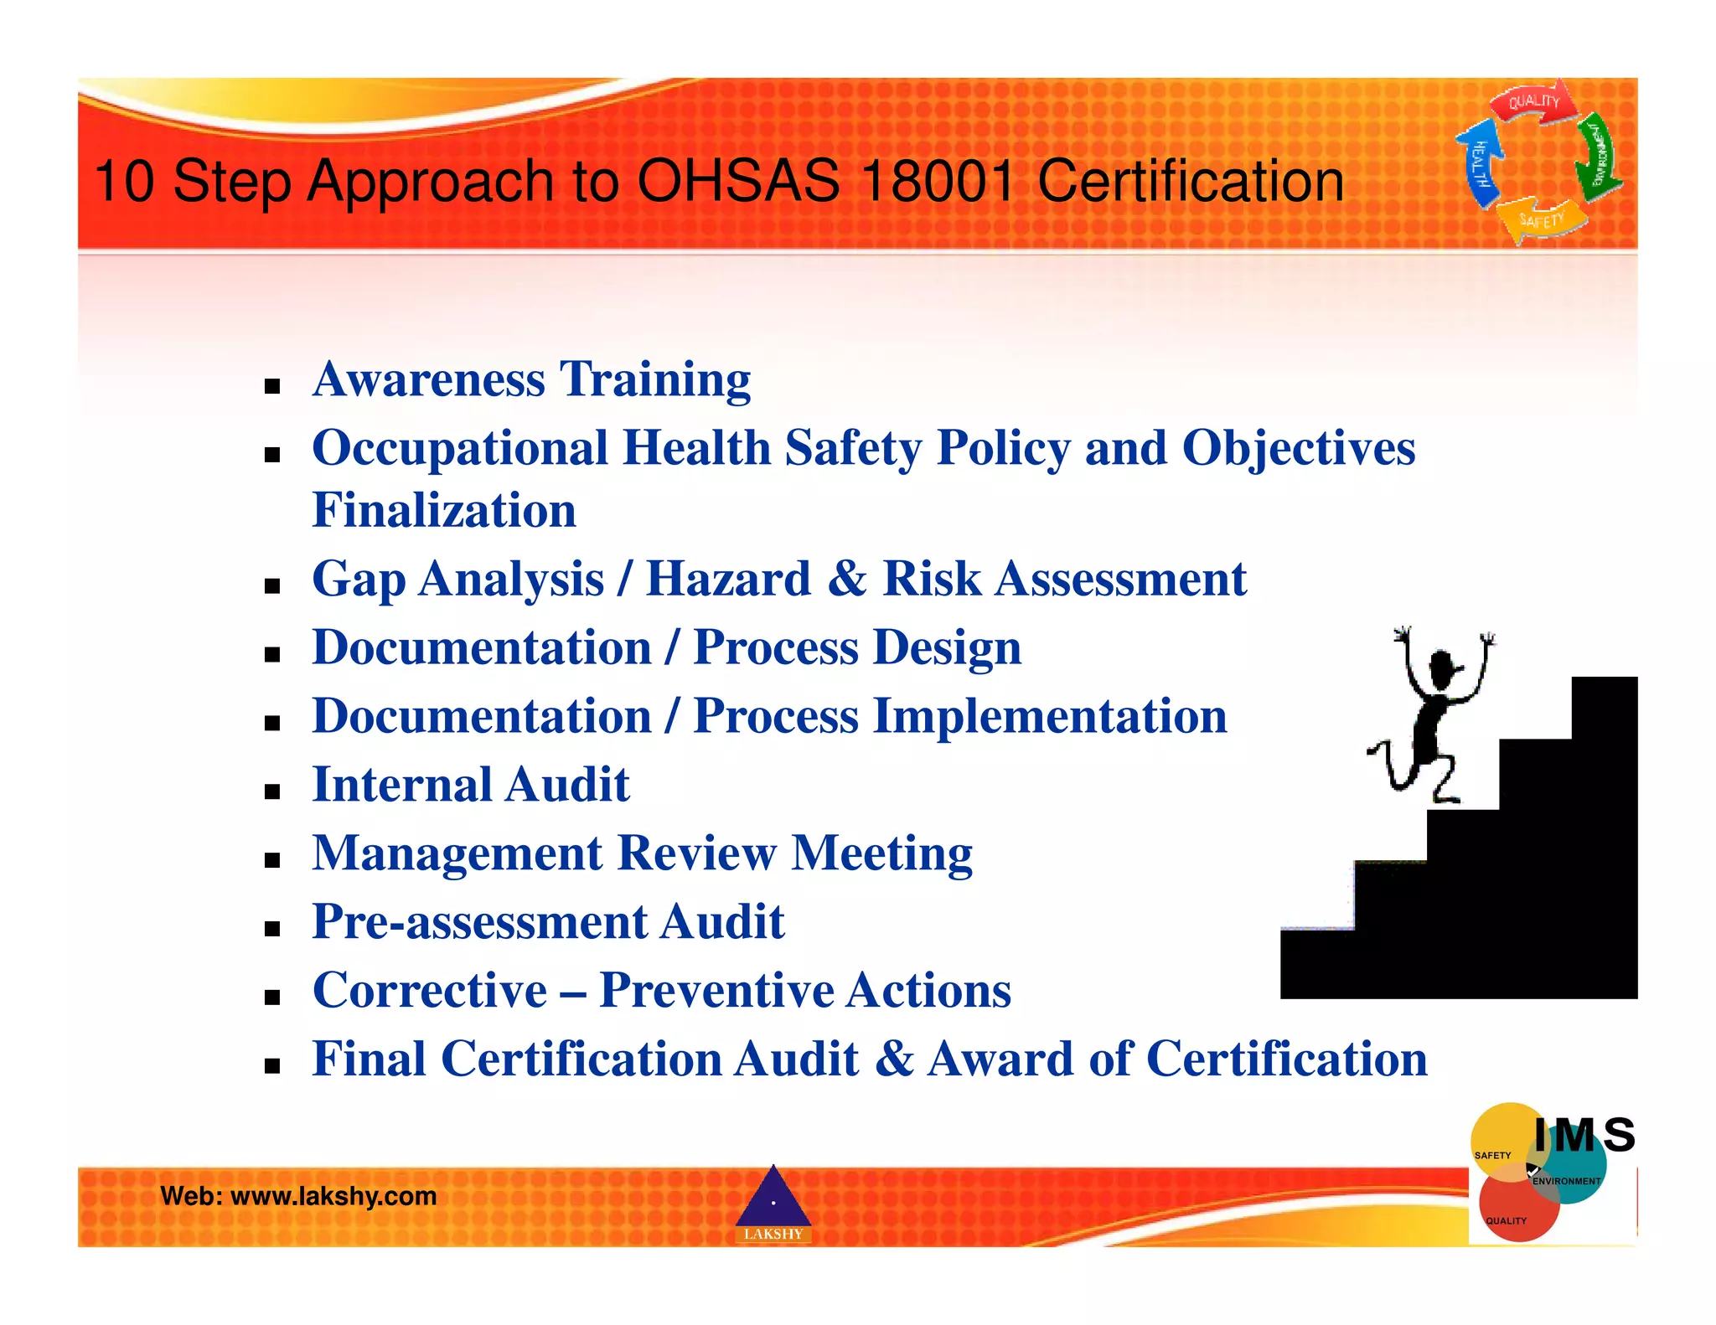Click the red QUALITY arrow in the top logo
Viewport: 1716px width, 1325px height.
coord(1533,103)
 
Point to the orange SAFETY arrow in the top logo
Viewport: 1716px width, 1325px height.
coord(1542,220)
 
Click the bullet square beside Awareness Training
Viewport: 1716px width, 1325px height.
coord(271,386)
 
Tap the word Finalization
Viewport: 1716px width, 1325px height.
coord(444,511)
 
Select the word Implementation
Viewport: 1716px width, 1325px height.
coord(1049,717)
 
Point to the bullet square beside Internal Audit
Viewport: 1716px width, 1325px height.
coord(271,791)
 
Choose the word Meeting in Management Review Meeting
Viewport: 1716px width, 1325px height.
coord(881,853)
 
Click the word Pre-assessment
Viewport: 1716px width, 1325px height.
coord(478,922)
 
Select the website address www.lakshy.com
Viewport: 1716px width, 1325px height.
coord(333,1196)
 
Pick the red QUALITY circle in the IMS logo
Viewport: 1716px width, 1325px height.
coord(1512,1213)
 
